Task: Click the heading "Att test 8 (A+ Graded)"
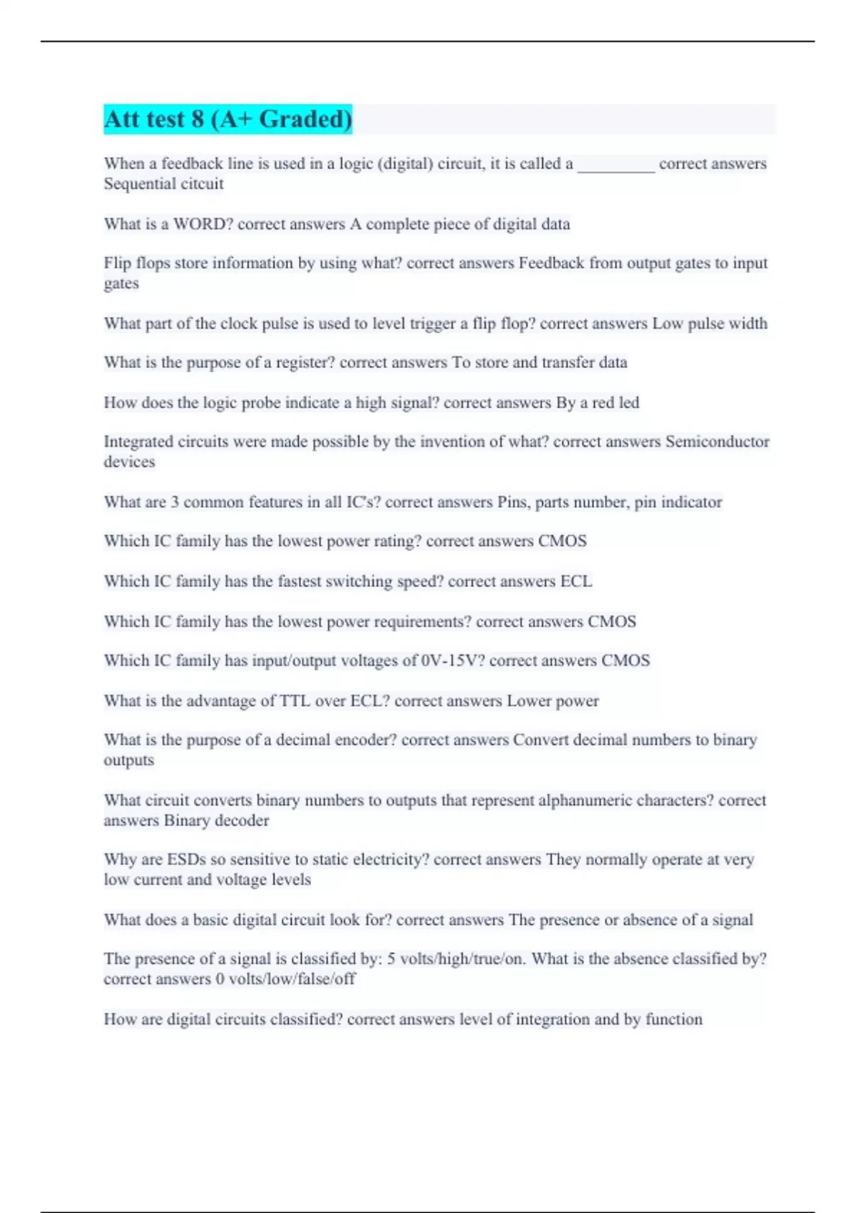coord(228,119)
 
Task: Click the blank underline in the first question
coord(616,166)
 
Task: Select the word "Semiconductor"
coord(717,442)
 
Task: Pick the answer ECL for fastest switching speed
coord(576,582)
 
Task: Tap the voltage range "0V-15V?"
coord(453,661)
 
